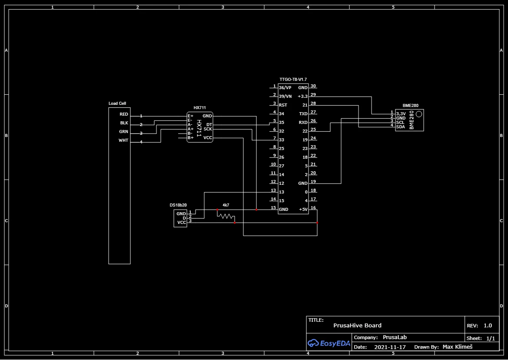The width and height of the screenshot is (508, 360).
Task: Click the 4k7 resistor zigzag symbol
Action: pos(226,216)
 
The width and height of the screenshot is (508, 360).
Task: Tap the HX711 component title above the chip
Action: pos(199,107)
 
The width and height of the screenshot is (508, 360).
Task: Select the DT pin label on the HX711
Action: pos(209,125)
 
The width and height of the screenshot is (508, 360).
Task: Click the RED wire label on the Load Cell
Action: pos(124,114)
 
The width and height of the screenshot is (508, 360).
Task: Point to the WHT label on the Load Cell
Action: pos(123,140)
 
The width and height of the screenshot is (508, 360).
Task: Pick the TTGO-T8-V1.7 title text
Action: pos(293,80)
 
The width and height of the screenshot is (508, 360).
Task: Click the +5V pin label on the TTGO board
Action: pos(303,210)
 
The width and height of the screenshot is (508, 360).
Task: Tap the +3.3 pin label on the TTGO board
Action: pos(302,97)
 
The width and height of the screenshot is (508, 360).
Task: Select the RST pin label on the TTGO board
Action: pos(283,105)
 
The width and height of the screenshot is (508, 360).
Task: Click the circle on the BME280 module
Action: pos(418,114)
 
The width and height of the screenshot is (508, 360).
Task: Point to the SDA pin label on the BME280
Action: pos(400,127)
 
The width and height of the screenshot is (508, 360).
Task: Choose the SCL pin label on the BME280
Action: pos(400,123)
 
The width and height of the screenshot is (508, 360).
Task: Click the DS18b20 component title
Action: pos(178,205)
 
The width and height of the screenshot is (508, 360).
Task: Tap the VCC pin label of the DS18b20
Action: pos(182,223)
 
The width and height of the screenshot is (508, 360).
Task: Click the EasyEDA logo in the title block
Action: pos(329,343)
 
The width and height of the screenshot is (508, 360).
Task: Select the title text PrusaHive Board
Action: pos(357,326)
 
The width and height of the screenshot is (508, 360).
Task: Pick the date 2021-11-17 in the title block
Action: pos(390,347)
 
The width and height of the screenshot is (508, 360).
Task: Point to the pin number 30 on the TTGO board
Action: pos(313,86)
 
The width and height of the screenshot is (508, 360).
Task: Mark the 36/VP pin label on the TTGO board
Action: pos(285,88)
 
